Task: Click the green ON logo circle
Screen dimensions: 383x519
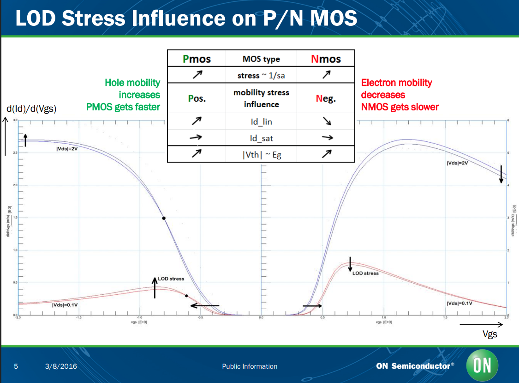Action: coord(482,365)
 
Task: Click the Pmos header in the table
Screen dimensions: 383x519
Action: coord(197,59)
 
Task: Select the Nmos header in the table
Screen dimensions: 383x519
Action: coord(326,59)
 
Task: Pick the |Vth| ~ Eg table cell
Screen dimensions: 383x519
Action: coord(261,155)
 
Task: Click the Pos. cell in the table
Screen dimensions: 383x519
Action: coord(197,98)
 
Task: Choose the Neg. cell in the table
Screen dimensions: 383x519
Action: coord(326,98)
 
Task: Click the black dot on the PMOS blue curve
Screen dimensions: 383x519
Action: coord(164,218)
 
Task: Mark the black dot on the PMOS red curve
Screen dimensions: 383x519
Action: coord(186,296)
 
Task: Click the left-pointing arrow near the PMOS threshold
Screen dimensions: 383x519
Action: coord(205,305)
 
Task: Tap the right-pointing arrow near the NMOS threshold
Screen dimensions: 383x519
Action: coord(312,305)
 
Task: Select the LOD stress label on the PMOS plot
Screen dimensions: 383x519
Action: coord(171,279)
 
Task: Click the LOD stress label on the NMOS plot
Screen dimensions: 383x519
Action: coord(365,273)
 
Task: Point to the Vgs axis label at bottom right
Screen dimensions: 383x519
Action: coord(490,334)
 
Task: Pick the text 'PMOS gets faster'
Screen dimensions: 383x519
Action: coord(123,107)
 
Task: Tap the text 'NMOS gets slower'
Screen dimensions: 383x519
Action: coord(400,107)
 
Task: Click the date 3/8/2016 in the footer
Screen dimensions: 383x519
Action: coord(61,366)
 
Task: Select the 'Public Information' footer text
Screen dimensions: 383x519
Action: coord(250,366)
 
